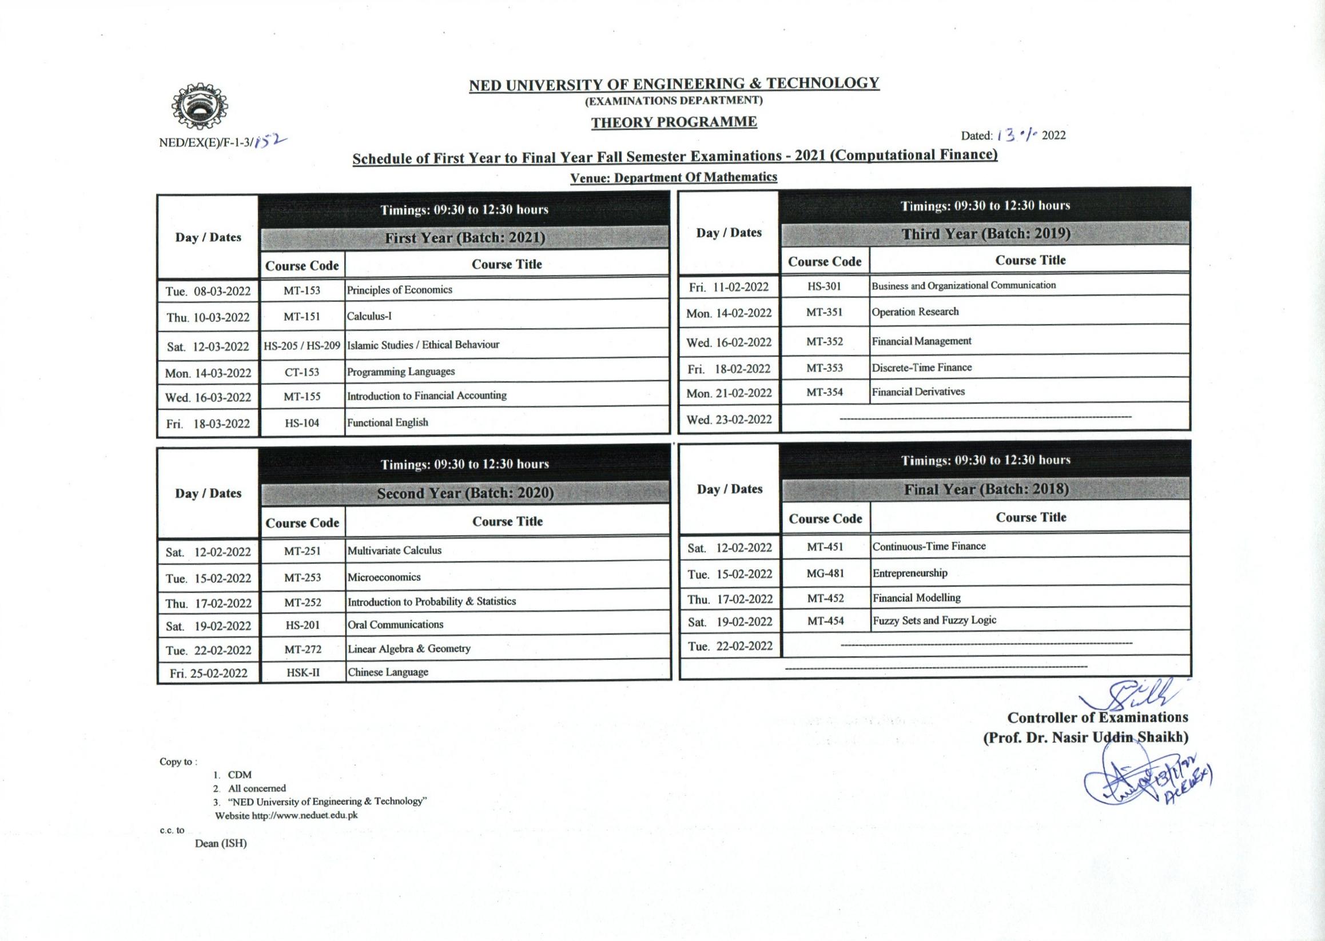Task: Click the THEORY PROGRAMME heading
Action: (674, 122)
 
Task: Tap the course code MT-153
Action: (301, 290)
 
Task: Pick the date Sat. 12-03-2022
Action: (208, 346)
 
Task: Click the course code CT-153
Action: (301, 372)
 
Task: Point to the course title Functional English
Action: (387, 422)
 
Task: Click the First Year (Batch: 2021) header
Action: (465, 238)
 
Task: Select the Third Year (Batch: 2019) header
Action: (985, 233)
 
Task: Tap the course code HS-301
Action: (823, 286)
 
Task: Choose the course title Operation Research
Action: (915, 312)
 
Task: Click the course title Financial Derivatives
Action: (918, 392)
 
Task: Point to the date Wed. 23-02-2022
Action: (729, 420)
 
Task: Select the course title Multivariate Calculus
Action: (394, 551)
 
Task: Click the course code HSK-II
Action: (303, 673)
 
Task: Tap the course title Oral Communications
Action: (395, 625)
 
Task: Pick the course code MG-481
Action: (825, 573)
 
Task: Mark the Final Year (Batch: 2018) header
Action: (986, 489)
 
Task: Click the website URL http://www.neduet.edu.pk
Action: (304, 815)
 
